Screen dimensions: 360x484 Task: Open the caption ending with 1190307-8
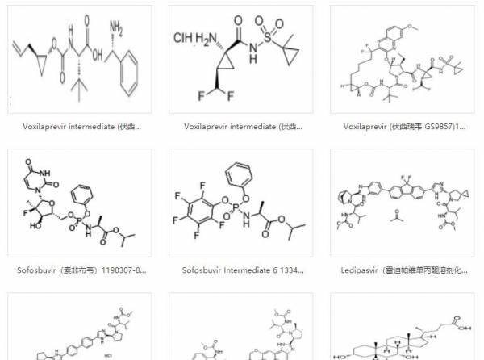[x=80, y=270]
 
